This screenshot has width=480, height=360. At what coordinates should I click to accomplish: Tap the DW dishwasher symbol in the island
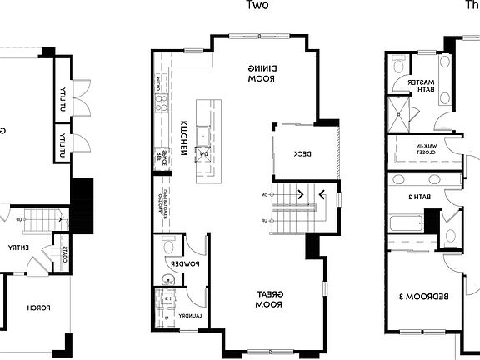(x=202, y=154)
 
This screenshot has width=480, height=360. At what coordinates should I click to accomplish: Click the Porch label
(x=37, y=307)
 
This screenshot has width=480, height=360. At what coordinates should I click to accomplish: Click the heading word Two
(x=257, y=5)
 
